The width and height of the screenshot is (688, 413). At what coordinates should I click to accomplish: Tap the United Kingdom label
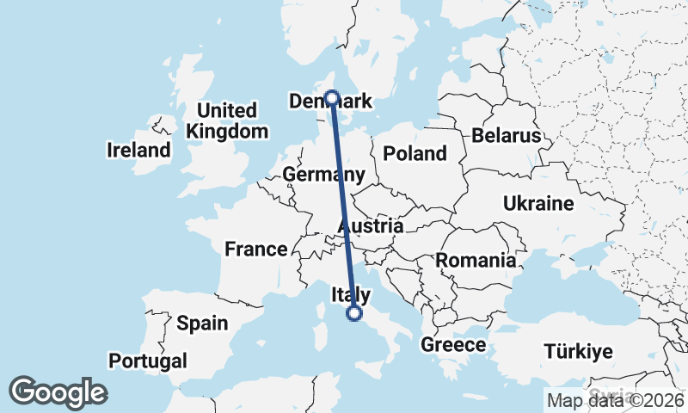tap(227, 121)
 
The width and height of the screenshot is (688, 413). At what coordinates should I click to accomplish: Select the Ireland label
tap(138, 151)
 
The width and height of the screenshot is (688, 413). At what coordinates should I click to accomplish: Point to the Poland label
tap(415, 154)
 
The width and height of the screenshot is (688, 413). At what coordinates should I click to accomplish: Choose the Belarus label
tap(506, 136)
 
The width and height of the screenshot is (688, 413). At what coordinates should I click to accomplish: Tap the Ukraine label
tap(538, 204)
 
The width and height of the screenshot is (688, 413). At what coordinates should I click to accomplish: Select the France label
tap(255, 250)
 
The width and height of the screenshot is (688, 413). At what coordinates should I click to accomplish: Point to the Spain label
tap(202, 324)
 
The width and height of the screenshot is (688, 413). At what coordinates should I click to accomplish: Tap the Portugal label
tap(148, 360)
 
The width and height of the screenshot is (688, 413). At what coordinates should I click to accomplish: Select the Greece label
tap(454, 345)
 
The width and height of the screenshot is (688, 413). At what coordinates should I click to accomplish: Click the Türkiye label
tap(577, 351)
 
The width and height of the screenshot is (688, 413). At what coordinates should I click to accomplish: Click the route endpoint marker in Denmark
tap(331, 98)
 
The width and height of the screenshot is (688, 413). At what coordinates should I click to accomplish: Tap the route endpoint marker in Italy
tap(353, 314)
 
